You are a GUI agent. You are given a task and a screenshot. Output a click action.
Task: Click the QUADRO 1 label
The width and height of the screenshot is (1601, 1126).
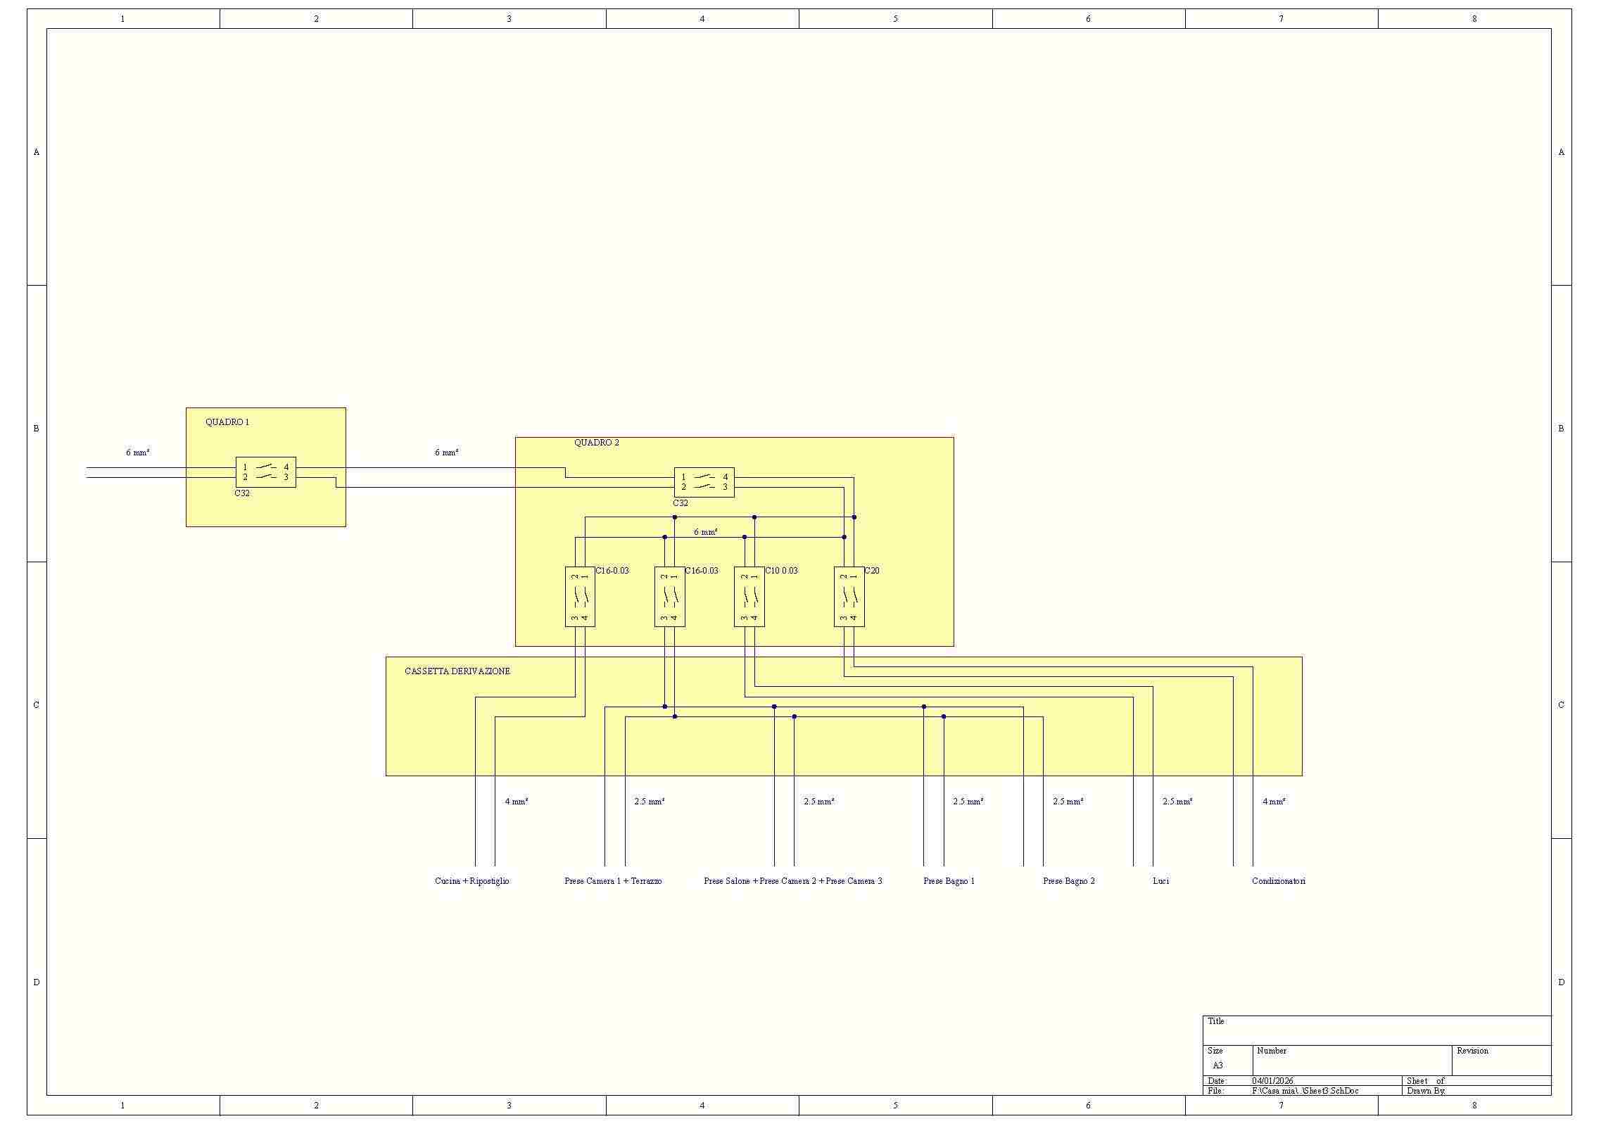[227, 422]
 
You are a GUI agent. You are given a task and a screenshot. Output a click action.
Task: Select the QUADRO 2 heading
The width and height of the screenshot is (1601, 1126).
[596, 443]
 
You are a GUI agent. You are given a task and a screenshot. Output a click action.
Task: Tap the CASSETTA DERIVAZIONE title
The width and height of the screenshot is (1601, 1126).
[457, 671]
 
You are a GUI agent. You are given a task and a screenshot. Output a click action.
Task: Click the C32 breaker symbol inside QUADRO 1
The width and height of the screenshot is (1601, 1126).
[265, 472]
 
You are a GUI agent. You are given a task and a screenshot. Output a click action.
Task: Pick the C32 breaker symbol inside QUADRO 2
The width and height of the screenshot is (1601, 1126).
[704, 482]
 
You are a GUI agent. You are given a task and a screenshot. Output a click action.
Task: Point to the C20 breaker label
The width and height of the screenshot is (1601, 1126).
[871, 571]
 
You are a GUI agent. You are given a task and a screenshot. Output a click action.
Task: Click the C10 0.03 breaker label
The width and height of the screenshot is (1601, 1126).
[781, 571]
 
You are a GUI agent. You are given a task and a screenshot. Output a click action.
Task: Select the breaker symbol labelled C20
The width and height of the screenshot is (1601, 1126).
[849, 597]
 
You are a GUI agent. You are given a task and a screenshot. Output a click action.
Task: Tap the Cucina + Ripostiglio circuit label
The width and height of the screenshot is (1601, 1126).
[472, 881]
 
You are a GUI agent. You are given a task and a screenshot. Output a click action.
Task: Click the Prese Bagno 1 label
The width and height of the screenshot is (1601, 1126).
[949, 881]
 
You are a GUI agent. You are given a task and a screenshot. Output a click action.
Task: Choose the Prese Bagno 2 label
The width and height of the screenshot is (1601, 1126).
[1068, 881]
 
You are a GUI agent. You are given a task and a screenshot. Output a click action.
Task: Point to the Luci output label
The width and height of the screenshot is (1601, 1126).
[1160, 881]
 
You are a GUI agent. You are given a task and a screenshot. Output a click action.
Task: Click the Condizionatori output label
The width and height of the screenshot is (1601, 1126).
[1278, 881]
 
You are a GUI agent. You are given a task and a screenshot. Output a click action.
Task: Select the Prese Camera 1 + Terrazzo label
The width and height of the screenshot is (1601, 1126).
[612, 881]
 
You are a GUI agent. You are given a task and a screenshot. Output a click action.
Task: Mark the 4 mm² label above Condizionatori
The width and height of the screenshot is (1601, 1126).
[1274, 802]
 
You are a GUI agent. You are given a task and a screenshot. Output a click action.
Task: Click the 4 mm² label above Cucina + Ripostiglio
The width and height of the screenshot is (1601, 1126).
[516, 802]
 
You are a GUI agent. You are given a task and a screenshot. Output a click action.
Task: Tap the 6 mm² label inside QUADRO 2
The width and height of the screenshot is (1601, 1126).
[705, 532]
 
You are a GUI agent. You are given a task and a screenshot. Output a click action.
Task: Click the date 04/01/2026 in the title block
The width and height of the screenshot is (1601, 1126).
[1272, 1081]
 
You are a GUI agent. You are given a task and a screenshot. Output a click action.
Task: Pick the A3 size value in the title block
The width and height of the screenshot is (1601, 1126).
[1217, 1065]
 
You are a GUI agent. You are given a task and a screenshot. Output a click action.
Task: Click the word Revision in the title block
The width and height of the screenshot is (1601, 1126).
[1472, 1051]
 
